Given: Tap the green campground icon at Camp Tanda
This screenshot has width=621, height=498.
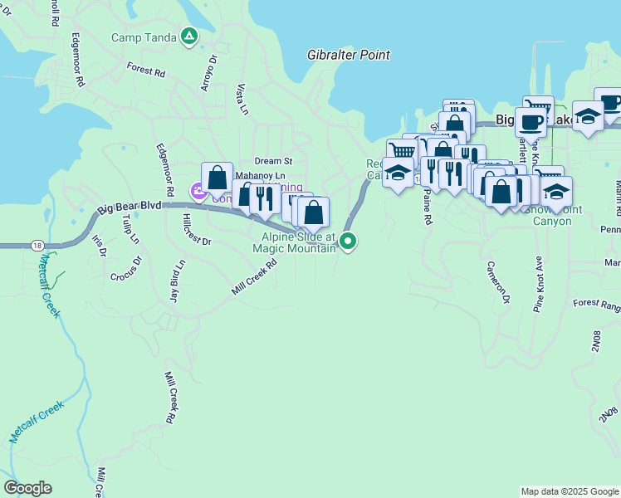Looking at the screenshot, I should coord(189,37).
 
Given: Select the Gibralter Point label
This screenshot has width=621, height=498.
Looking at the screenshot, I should coord(349,55).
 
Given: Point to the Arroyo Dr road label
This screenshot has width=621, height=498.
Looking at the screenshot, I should coord(208,72).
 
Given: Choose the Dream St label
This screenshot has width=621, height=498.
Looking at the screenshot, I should coord(274,161).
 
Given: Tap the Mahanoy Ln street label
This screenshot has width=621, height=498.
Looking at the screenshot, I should coord(260,176).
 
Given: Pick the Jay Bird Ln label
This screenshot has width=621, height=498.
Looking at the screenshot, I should coord(178,282).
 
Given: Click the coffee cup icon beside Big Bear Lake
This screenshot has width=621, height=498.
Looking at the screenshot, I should coord(531,123).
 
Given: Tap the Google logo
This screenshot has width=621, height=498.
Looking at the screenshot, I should coord(27,488).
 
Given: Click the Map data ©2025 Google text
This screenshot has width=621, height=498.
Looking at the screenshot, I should coord(569,491).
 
